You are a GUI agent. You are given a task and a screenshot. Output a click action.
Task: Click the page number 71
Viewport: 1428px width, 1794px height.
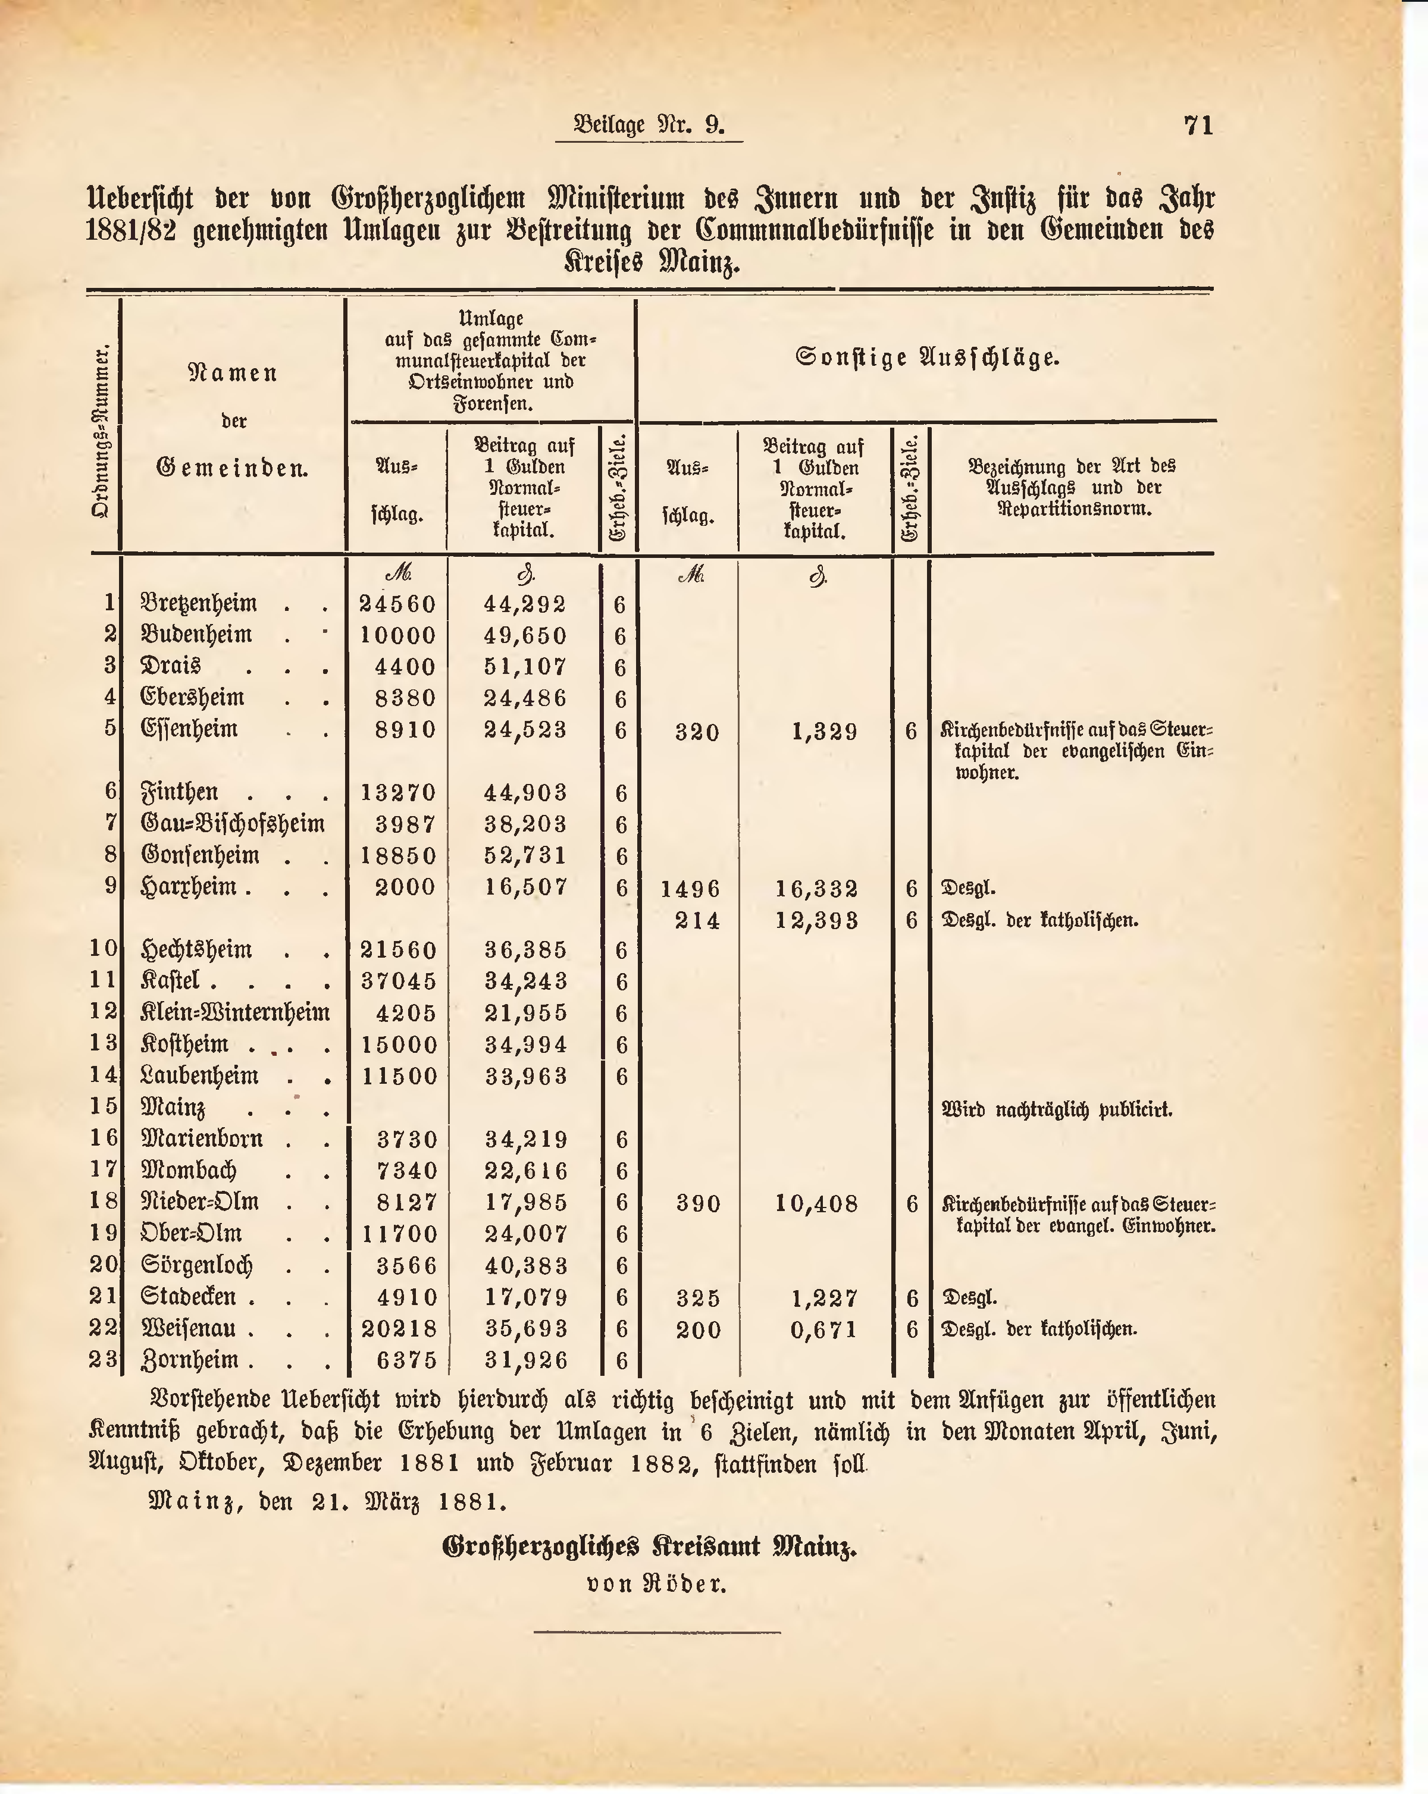click(x=1198, y=126)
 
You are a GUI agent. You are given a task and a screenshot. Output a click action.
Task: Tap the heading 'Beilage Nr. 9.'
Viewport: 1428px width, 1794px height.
click(x=649, y=125)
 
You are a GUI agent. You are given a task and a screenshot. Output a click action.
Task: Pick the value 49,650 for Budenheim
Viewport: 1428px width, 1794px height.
click(x=525, y=636)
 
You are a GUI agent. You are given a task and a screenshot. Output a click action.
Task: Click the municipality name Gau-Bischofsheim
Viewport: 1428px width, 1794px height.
click(x=233, y=824)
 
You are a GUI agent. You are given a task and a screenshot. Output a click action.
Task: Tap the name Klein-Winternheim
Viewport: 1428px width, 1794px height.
click(x=236, y=1012)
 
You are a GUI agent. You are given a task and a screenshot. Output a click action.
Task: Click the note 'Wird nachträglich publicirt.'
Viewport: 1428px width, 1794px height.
click(x=1057, y=1110)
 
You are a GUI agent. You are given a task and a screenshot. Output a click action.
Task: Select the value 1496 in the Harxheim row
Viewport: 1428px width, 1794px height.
click(x=691, y=889)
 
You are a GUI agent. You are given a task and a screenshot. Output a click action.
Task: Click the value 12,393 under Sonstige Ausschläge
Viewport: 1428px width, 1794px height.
click(x=816, y=920)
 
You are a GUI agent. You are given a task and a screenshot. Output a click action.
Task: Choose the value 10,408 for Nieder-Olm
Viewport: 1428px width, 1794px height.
click(x=816, y=1203)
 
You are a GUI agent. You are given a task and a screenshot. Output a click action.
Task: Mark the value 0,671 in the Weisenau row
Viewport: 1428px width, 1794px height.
click(x=824, y=1329)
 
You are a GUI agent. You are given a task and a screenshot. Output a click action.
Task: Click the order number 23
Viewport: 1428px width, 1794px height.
click(x=104, y=1360)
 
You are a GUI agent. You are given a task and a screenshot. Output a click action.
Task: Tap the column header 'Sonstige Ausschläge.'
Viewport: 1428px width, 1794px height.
click(x=927, y=359)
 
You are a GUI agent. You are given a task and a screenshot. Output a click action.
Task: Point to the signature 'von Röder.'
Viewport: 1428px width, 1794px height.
click(x=656, y=1583)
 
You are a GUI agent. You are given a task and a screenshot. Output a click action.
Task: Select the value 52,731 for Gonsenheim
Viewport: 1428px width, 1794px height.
click(x=525, y=855)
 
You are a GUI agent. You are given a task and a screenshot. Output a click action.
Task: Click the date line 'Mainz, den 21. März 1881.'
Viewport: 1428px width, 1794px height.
click(x=327, y=1502)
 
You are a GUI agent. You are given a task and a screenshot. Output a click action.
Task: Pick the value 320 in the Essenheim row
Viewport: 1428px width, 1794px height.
click(x=697, y=732)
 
